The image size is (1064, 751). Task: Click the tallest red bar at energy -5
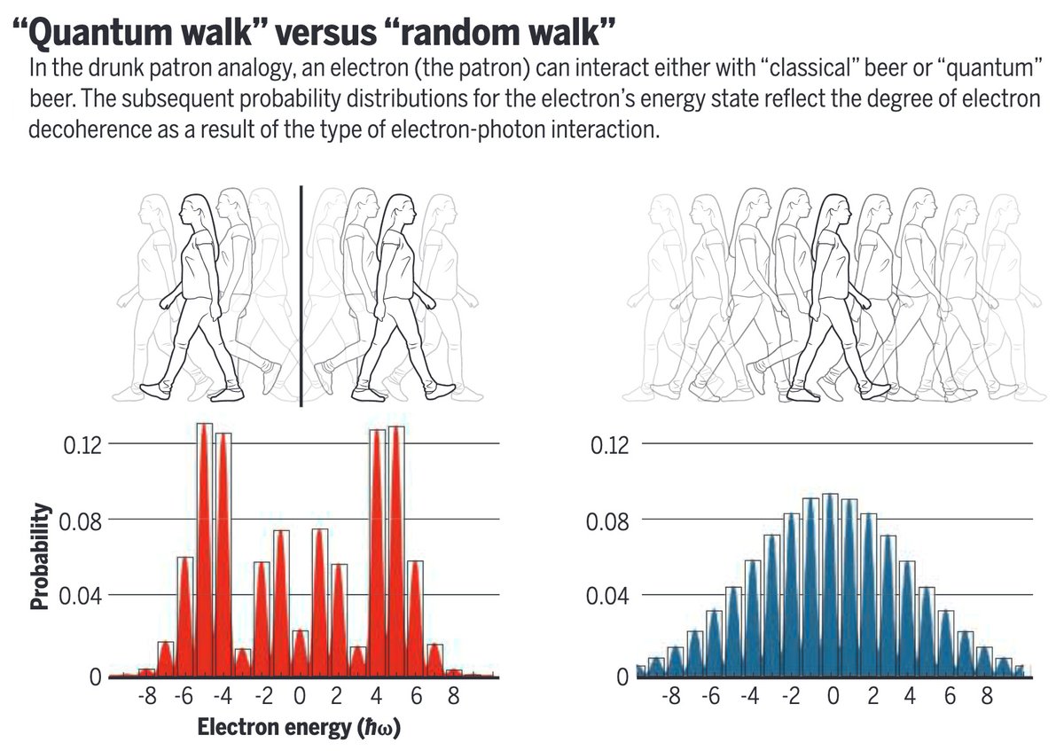(204, 550)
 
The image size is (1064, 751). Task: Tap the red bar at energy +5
(396, 550)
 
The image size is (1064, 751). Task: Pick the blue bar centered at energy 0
(830, 585)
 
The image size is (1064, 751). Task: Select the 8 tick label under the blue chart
(985, 697)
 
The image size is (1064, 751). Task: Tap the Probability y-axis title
(40, 556)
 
